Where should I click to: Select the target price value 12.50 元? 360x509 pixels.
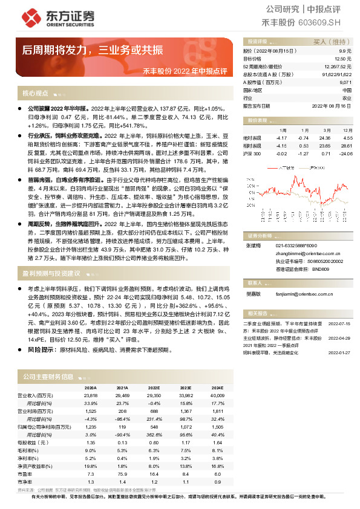pos(343,59)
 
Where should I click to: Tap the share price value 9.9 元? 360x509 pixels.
pos(345,51)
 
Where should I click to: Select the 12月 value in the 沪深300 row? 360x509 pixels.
pos(346,153)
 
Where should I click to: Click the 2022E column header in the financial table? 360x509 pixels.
pos(154,387)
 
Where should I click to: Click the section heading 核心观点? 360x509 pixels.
pos(36,93)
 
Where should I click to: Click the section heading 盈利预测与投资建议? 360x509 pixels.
pos(51,273)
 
